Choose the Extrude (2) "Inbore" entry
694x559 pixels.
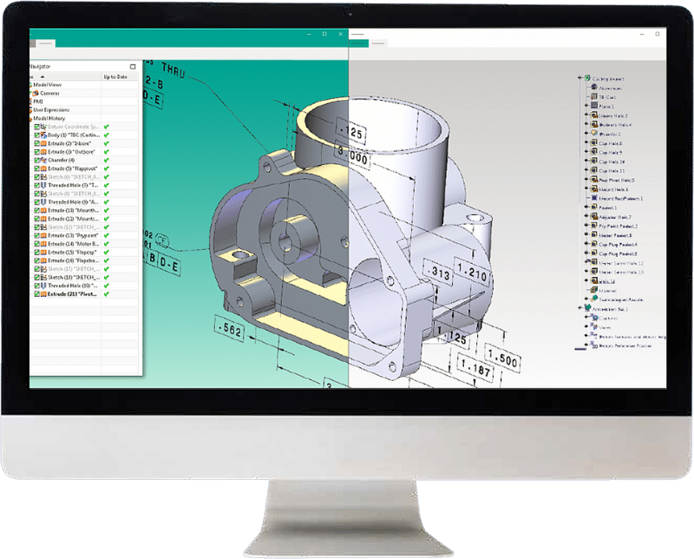tap(69, 143)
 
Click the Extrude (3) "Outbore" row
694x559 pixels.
tap(70, 151)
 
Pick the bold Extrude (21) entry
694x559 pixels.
tap(72, 294)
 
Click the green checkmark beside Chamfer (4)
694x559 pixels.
tap(107, 159)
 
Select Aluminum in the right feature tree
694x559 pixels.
tap(611, 88)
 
